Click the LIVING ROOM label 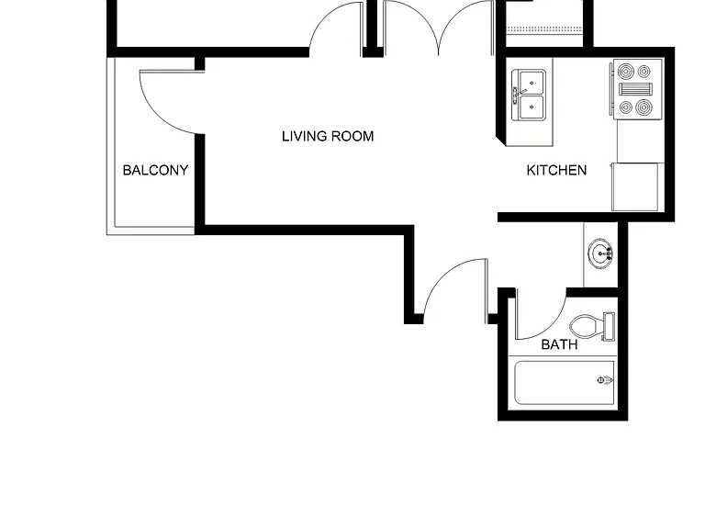pos(328,136)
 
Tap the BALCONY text pos(155,170)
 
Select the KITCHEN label pos(556,170)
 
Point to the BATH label pos(559,344)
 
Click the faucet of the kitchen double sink pos(518,95)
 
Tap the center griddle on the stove pos(636,89)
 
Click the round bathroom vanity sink pos(599,254)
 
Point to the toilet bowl pos(587,326)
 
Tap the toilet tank pos(609,326)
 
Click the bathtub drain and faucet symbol pos(604,380)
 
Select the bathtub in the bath pos(565,383)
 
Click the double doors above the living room pos(439,28)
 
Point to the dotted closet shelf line pos(545,29)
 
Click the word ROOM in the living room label pos(352,136)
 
